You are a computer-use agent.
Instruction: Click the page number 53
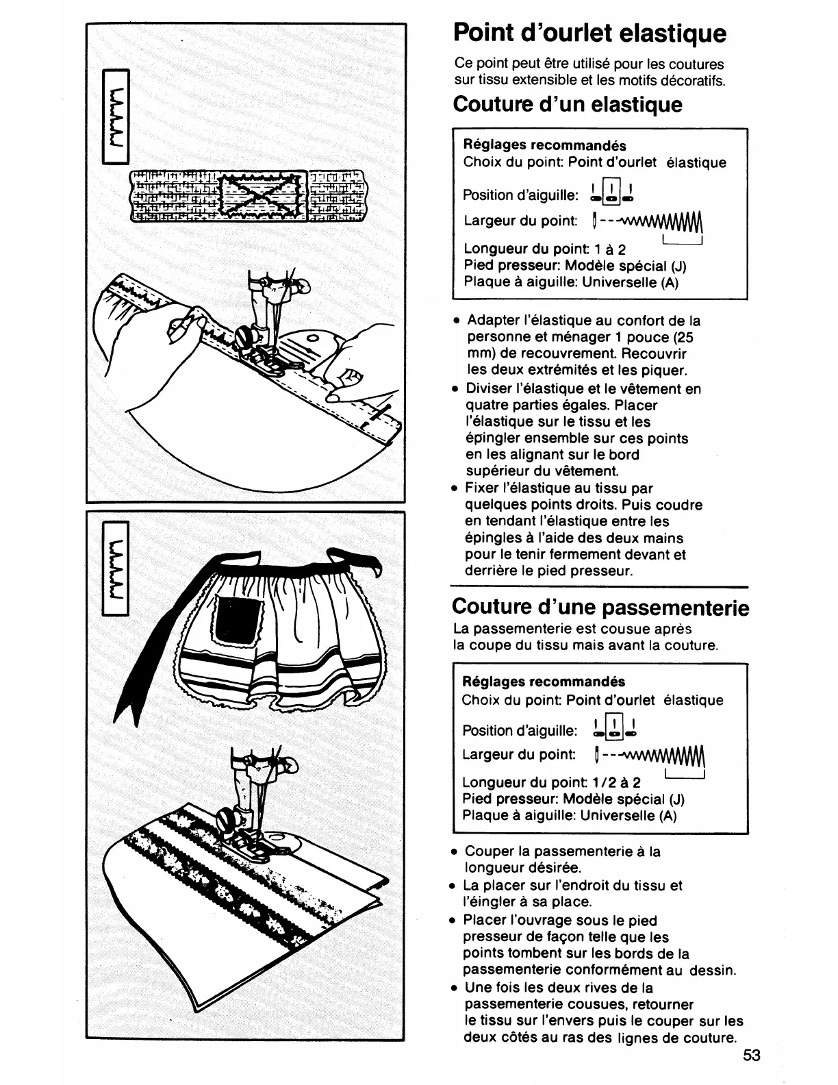[751, 1055]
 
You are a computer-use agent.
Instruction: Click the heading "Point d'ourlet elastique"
[589, 32]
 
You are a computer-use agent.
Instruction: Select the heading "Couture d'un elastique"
[568, 105]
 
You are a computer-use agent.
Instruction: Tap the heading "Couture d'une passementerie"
[600, 608]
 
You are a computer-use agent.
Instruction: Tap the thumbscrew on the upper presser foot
[244, 337]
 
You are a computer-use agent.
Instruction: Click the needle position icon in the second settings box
[613, 729]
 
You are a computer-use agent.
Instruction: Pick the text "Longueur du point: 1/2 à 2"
[552, 782]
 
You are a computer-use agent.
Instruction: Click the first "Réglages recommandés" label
[545, 146]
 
